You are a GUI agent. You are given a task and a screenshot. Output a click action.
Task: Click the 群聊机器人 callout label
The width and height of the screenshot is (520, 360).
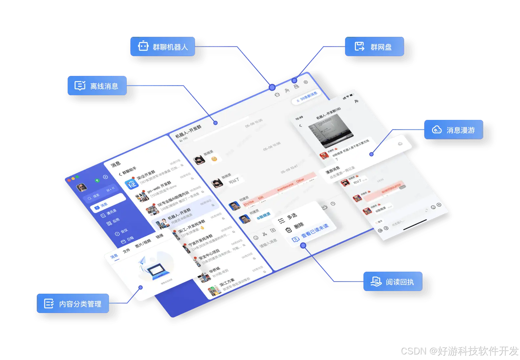(x=162, y=47)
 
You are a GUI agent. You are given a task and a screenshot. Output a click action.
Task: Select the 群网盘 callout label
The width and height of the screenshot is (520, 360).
(x=374, y=47)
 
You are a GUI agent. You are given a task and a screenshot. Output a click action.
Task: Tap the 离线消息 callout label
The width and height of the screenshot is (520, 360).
(x=97, y=86)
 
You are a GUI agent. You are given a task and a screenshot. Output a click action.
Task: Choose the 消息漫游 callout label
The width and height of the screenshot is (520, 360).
(x=454, y=130)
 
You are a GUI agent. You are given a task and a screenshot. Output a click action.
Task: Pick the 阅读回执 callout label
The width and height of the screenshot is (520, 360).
(x=393, y=281)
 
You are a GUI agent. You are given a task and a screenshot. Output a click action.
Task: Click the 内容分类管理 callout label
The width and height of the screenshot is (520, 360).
(x=73, y=304)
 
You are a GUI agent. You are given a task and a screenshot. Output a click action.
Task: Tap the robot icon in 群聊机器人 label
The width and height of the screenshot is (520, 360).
(x=143, y=46)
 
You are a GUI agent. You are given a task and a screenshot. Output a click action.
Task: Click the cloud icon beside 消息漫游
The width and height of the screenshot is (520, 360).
(x=437, y=130)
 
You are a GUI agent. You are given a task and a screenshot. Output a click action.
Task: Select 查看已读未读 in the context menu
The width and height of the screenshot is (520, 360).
(x=314, y=231)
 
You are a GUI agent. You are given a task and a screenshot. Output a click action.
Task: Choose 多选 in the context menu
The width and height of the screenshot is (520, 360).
(x=292, y=216)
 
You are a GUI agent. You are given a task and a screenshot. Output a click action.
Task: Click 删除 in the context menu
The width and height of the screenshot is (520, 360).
(x=298, y=226)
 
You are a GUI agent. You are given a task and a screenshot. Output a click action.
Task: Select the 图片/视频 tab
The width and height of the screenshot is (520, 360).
(x=143, y=243)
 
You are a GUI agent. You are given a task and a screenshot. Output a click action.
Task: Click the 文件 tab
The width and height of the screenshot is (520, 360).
(x=126, y=251)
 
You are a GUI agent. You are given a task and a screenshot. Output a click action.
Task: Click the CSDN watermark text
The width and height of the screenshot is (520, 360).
(x=459, y=350)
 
